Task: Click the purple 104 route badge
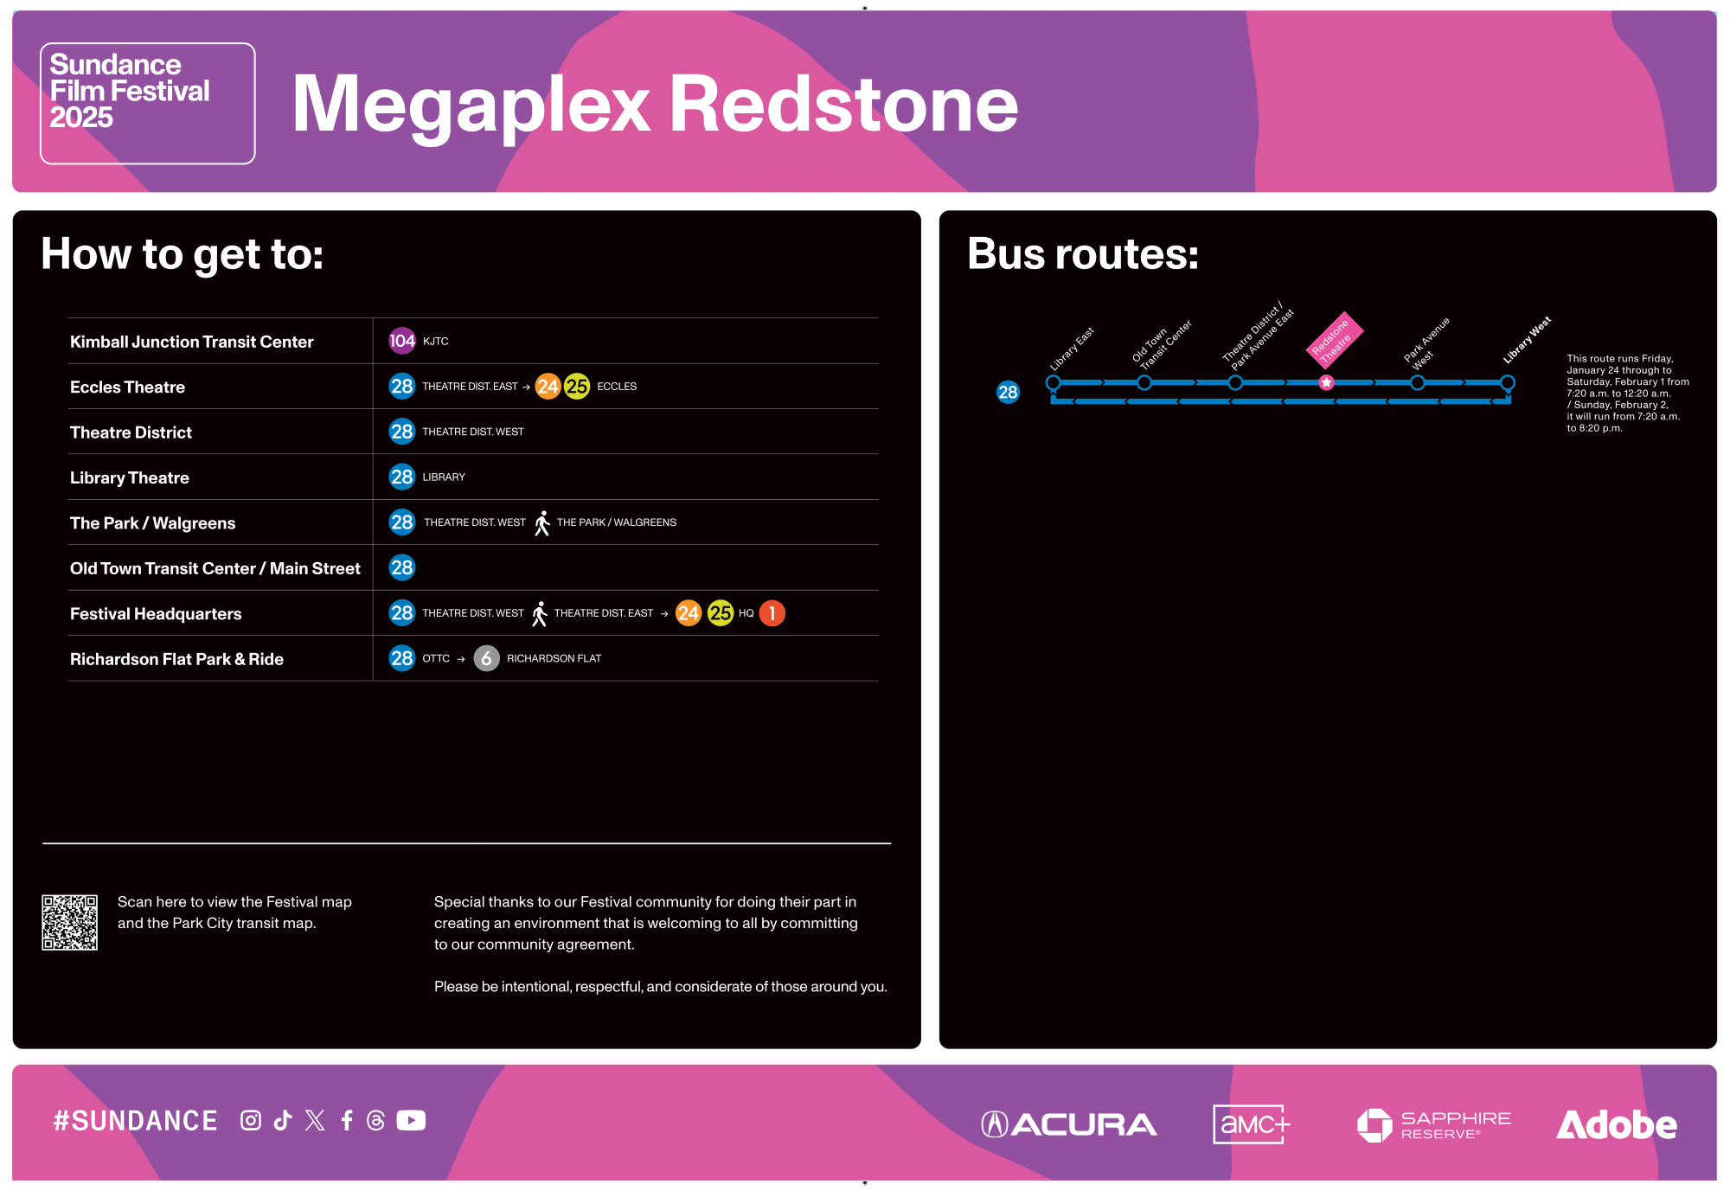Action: (x=401, y=341)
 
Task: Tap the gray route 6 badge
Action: (x=486, y=658)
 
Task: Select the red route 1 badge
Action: (x=772, y=613)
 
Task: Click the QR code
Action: (x=70, y=922)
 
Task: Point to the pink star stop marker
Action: (x=1326, y=382)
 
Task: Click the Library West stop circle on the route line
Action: (x=1507, y=382)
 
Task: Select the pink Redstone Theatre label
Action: (x=1334, y=339)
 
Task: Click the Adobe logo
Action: (x=1616, y=1124)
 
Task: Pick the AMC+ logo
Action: (x=1251, y=1124)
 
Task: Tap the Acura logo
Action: (x=1069, y=1124)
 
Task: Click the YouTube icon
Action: (x=411, y=1121)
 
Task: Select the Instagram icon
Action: (x=251, y=1121)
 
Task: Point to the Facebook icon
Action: (x=347, y=1121)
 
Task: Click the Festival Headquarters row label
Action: (x=156, y=614)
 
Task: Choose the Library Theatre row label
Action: (x=130, y=478)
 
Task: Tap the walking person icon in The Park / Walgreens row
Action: (x=541, y=523)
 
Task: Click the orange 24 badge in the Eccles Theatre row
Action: (x=548, y=387)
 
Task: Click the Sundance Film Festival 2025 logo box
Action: (x=148, y=103)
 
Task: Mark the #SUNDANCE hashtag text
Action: (x=135, y=1121)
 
